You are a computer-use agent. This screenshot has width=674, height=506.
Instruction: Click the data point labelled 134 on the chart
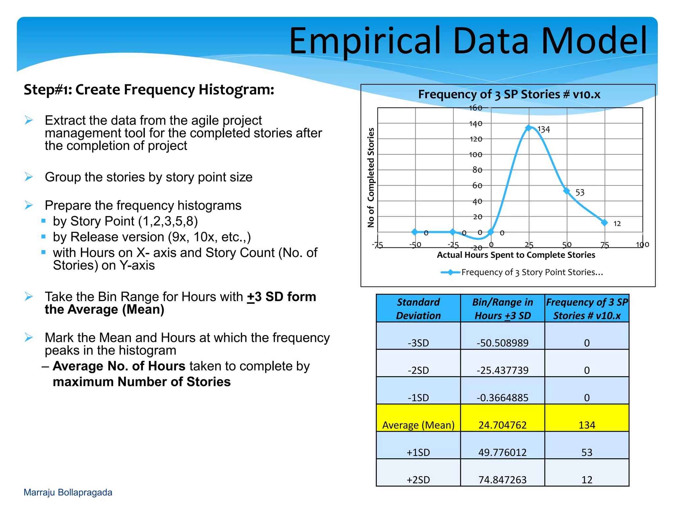[529, 128]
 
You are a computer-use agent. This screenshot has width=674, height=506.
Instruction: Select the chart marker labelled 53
[566, 191]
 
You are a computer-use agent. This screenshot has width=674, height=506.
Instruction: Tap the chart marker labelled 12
[604, 222]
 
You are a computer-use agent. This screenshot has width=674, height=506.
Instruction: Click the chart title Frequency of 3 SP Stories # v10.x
[509, 95]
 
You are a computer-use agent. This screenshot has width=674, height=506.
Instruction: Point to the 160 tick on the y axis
[475, 108]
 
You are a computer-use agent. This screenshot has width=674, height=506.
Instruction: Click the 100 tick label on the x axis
[642, 244]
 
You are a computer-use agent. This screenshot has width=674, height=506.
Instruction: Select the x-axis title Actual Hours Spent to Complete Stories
[516, 255]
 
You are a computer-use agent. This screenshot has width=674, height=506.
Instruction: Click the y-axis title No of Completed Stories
[371, 178]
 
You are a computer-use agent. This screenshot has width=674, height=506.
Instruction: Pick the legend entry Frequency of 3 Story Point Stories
[532, 272]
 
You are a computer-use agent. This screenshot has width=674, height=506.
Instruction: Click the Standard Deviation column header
[418, 309]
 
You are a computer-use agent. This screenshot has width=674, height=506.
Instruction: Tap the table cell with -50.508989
[502, 343]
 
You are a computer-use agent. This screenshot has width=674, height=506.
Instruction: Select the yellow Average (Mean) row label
[418, 425]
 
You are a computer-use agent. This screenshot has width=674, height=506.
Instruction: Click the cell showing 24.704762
[502, 425]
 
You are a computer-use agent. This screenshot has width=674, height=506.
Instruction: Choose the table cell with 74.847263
[502, 480]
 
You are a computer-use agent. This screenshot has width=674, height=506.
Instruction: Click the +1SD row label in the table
[418, 452]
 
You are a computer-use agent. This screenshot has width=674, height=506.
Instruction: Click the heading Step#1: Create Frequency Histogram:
[149, 90]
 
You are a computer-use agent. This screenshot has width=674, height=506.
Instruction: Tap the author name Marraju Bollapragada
[68, 492]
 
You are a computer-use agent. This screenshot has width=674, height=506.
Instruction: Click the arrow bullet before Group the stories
[29, 177]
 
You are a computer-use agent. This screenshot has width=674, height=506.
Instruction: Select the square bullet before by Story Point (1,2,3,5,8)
[43, 221]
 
